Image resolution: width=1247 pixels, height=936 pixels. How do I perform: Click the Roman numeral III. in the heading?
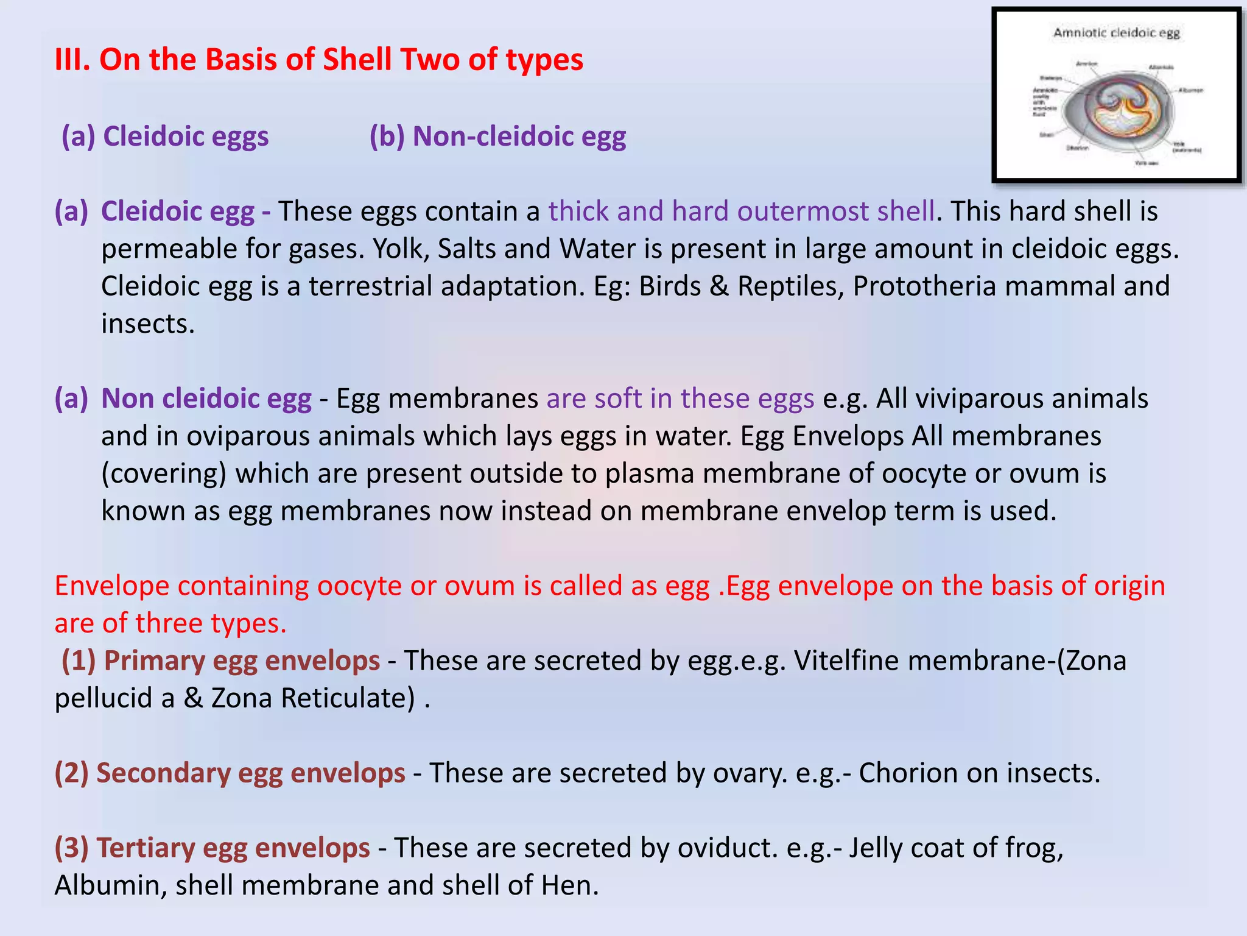point(72,60)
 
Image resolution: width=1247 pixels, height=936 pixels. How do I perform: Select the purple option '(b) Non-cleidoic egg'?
point(497,136)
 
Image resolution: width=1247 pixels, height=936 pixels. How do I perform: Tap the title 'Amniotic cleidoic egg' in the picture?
point(1117,32)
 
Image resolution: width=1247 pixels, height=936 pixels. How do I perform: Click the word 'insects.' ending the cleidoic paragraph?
point(148,324)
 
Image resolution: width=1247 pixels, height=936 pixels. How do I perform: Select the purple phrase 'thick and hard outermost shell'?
point(741,211)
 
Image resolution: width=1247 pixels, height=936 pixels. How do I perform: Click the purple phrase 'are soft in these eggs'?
point(680,399)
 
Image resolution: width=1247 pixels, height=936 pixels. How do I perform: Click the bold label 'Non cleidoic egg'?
point(206,399)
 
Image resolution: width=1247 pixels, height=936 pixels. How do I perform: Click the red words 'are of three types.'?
point(170,623)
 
